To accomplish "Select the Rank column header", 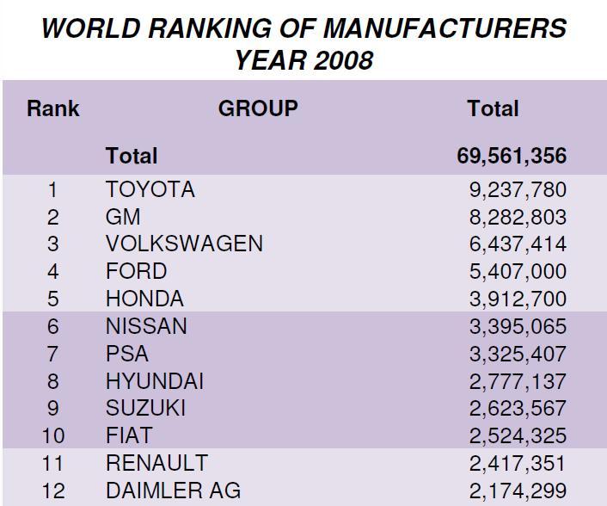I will pos(53,109).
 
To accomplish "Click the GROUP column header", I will pos(258,108).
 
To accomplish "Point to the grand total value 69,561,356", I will pos(512,157).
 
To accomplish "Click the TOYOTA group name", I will pos(150,189).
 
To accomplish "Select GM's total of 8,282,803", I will pos(517,217).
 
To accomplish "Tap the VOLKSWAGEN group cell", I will pos(184,244).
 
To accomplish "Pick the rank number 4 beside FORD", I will pos(53,272).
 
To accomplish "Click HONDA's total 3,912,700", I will pos(517,299).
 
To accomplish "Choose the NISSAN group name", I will pos(146,327).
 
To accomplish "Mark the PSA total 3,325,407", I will pos(517,354).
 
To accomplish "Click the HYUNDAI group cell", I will pos(155,381).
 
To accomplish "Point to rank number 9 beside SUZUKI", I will pos(53,409).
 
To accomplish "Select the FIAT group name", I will pos(129,436).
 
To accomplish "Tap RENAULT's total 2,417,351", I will pos(517,464).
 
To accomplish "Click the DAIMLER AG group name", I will pos(173,491).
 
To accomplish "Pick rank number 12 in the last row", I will pos(53,491).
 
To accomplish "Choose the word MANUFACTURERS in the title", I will pos(445,28).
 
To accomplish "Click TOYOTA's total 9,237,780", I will pos(517,189).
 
